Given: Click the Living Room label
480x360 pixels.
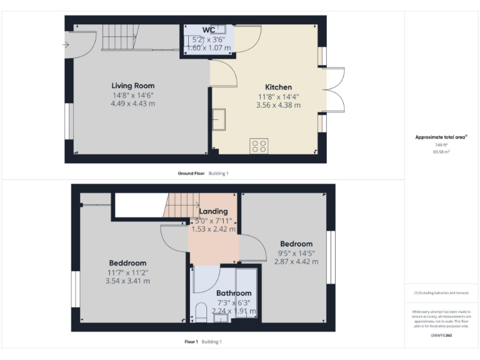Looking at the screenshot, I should pyautogui.click(x=133, y=86).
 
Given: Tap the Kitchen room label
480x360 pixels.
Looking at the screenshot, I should pyautogui.click(x=278, y=87).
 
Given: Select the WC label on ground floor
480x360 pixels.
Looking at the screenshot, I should pyautogui.click(x=209, y=30).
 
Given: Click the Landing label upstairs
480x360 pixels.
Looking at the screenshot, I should pyautogui.click(x=213, y=211).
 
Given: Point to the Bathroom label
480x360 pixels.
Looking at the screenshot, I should pyautogui.click(x=234, y=293).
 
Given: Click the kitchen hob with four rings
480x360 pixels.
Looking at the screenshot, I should pyautogui.click(x=259, y=146).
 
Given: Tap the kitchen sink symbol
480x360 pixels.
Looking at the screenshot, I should pyautogui.click(x=219, y=117).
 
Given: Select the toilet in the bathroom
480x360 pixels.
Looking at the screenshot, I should pyautogui.click(x=201, y=311).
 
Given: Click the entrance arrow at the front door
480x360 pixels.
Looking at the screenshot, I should pyautogui.click(x=66, y=44).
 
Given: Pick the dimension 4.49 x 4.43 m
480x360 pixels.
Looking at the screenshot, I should pyautogui.click(x=133, y=104).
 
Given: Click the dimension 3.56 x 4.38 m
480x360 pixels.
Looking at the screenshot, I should pyautogui.click(x=278, y=106).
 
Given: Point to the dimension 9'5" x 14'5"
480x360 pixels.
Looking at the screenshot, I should pyautogui.click(x=297, y=253).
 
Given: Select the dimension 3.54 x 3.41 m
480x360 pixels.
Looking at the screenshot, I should pyautogui.click(x=128, y=281).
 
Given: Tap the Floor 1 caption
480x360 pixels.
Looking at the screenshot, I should pyautogui.click(x=191, y=341).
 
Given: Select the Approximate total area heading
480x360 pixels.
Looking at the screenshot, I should pyautogui.click(x=441, y=137).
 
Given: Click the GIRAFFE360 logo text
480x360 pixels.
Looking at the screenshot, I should pyautogui.click(x=441, y=336).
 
